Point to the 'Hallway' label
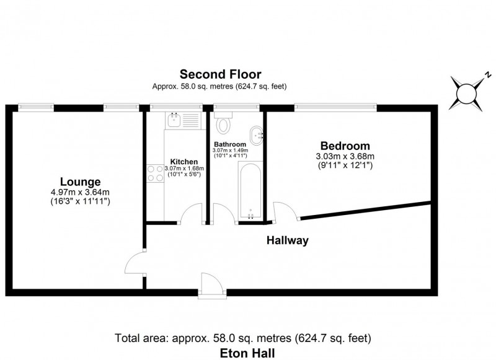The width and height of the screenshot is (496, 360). pos(287,240)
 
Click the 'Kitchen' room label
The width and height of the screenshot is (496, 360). pos(184,162)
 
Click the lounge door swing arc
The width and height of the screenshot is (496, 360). pos(134,266)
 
